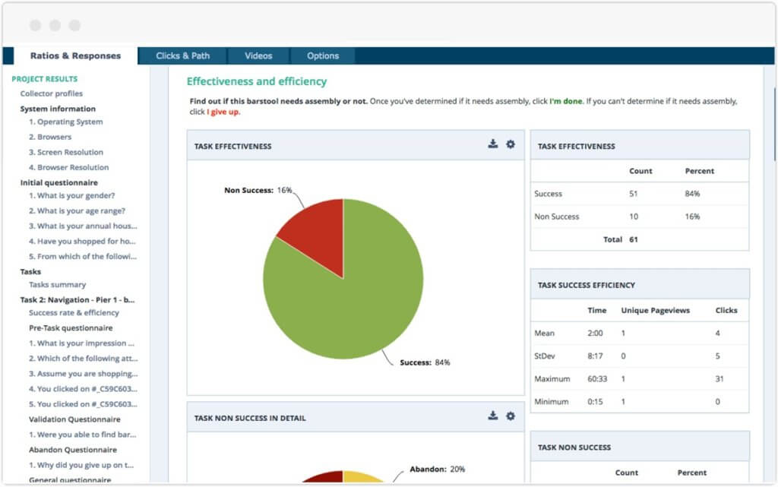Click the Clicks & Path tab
[182, 55]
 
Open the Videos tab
[258, 55]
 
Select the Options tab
[323, 55]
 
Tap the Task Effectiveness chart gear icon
[511, 144]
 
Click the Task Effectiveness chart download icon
[493, 144]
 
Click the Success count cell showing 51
[634, 194]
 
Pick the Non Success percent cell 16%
[692, 217]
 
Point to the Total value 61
[634, 239]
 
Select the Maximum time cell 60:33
[597, 378]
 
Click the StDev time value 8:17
[596, 356]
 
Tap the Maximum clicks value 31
[719, 378]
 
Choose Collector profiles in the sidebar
[52, 93]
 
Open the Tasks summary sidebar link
[58, 285]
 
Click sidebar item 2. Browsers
[50, 137]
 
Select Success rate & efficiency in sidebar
[74, 312]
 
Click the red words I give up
[223, 112]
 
